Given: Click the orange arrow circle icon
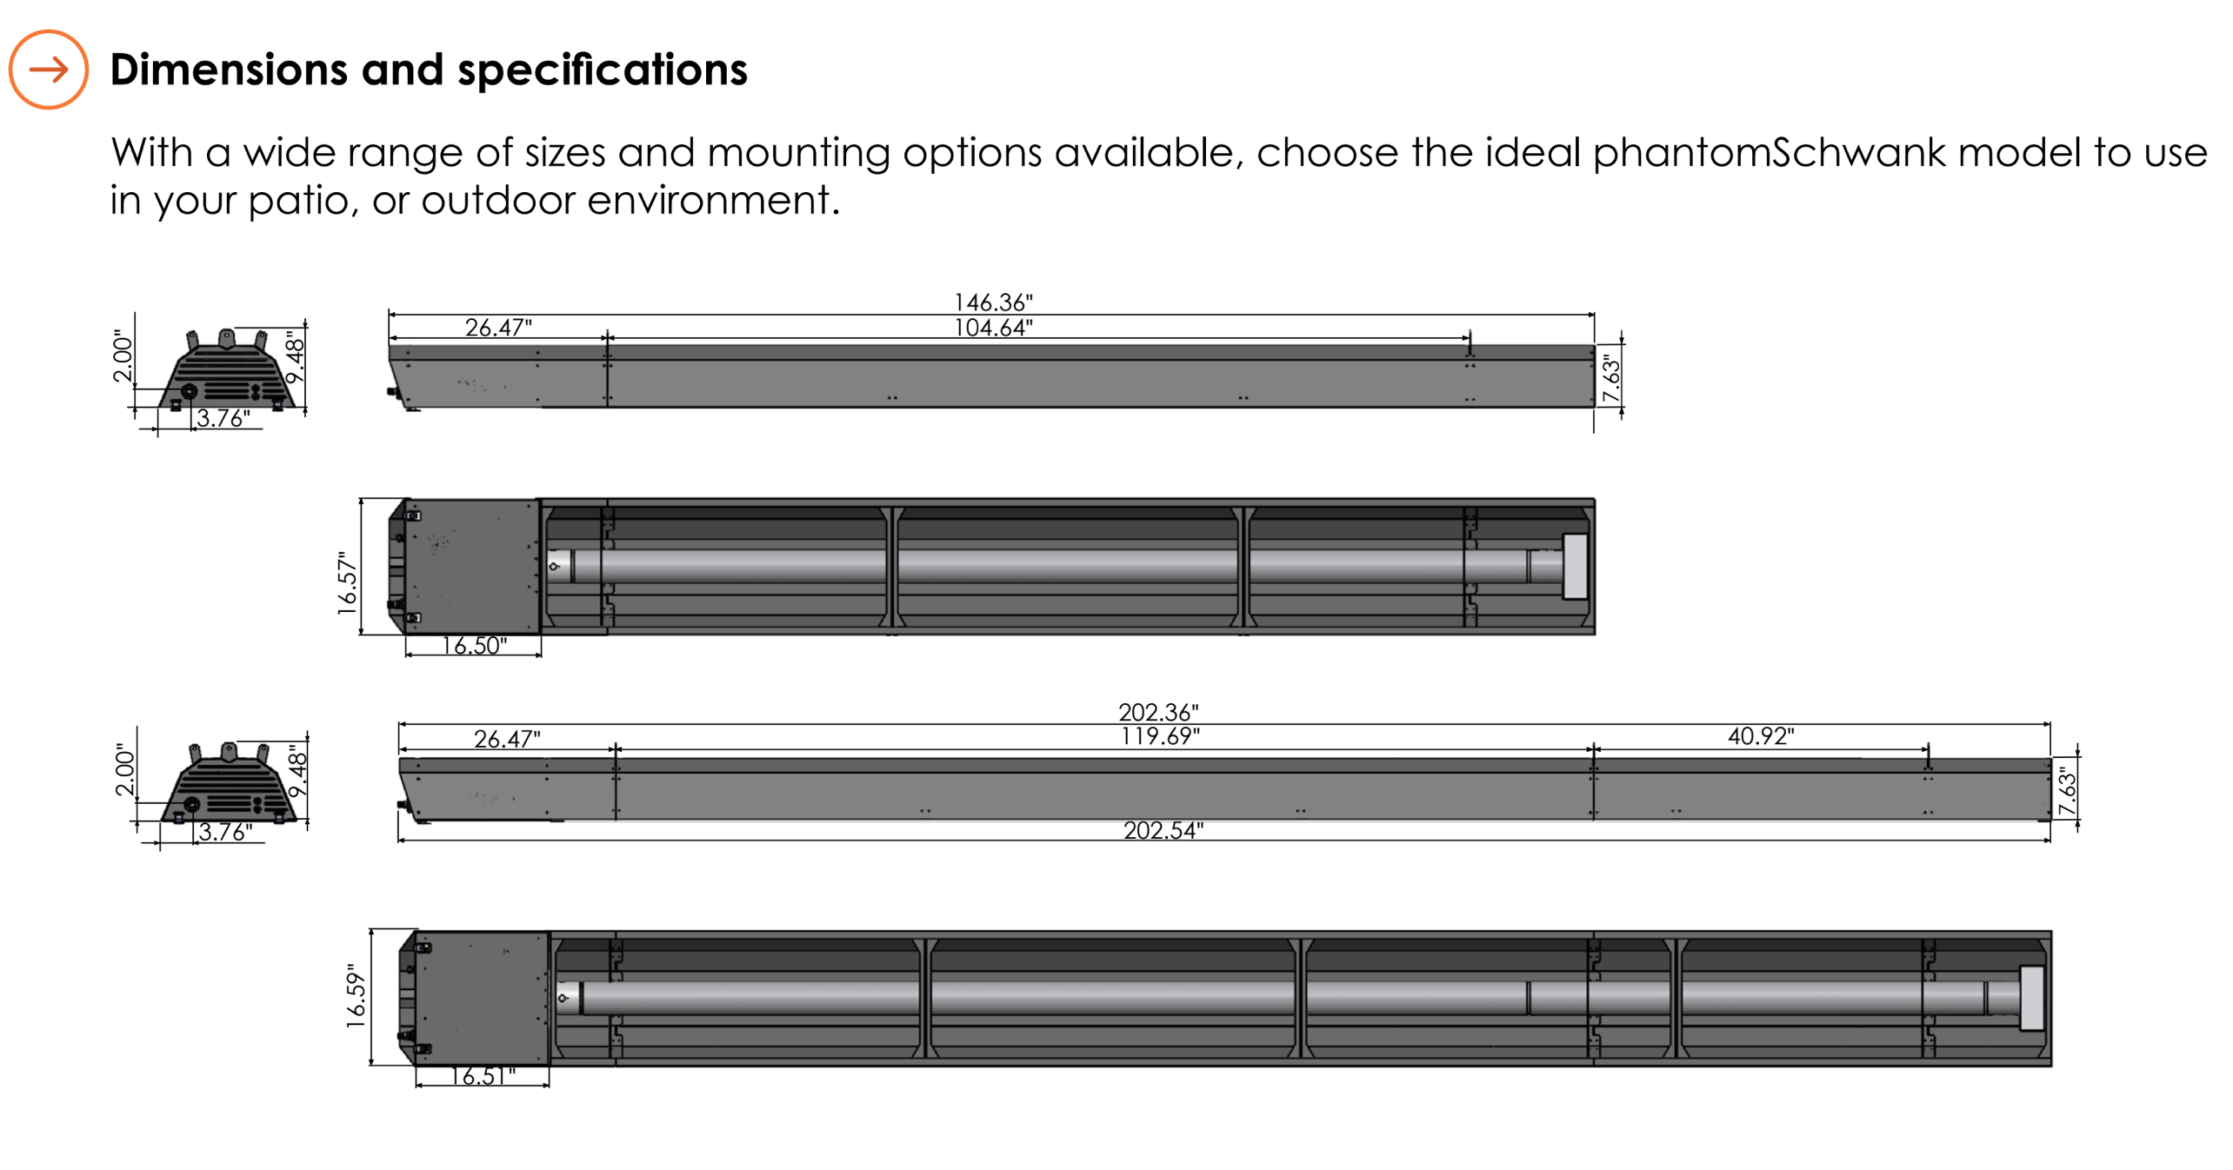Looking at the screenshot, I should pyautogui.click(x=49, y=70).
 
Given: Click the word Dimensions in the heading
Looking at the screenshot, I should pyautogui.click(x=228, y=70).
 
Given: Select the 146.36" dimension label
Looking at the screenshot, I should pyautogui.click(x=992, y=302).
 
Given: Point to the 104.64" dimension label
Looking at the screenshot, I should pyautogui.click(x=992, y=328).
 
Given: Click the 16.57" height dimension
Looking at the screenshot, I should pyautogui.click(x=348, y=582).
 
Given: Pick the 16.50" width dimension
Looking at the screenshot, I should pyautogui.click(x=474, y=646).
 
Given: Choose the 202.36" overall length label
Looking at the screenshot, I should pyautogui.click(x=1157, y=712).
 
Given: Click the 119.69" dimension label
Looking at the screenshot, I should pyautogui.click(x=1159, y=736).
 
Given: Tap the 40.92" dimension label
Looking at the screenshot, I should pyautogui.click(x=1760, y=736).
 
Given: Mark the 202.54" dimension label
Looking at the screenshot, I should pyautogui.click(x=1163, y=830).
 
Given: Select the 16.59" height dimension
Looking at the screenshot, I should pyautogui.click(x=357, y=995).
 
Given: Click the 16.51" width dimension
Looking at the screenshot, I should pyautogui.click(x=483, y=1076).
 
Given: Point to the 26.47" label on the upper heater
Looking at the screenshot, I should pyautogui.click(x=497, y=328).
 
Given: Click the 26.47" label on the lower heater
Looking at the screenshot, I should pyautogui.click(x=506, y=739).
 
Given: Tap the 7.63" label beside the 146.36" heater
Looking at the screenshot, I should pyautogui.click(x=1611, y=379).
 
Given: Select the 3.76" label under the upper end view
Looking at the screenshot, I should pyautogui.click(x=223, y=418).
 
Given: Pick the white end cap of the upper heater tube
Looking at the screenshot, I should pyautogui.click(x=1574, y=566).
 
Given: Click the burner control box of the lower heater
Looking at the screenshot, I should pyautogui.click(x=481, y=998).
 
